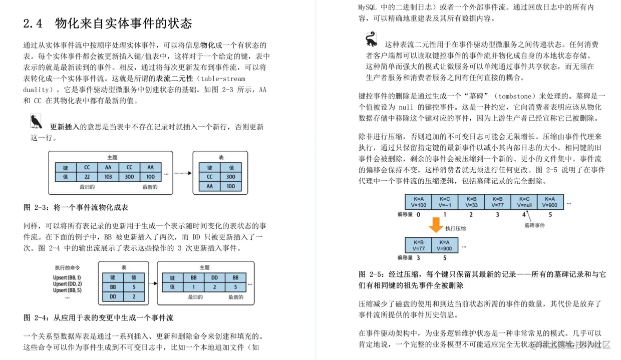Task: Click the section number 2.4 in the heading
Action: (x=33, y=24)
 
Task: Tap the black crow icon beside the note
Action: (x=36, y=121)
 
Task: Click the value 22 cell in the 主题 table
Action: (x=87, y=177)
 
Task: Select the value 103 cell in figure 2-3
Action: (x=108, y=177)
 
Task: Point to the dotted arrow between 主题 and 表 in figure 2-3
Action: (x=182, y=173)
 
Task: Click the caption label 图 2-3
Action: (x=35, y=207)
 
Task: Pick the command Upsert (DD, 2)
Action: (x=67, y=284)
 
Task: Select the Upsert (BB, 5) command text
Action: (x=67, y=290)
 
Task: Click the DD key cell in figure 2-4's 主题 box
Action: (x=214, y=277)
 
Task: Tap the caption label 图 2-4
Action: (x=35, y=317)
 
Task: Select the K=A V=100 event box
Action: (x=418, y=202)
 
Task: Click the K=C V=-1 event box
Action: (x=445, y=202)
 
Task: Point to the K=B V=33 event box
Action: (x=471, y=202)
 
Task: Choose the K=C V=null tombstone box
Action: (x=524, y=202)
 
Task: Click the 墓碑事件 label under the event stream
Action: (x=534, y=225)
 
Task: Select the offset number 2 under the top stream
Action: (x=471, y=215)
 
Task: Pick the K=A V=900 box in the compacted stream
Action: (x=444, y=245)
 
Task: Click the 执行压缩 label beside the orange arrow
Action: (x=455, y=228)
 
